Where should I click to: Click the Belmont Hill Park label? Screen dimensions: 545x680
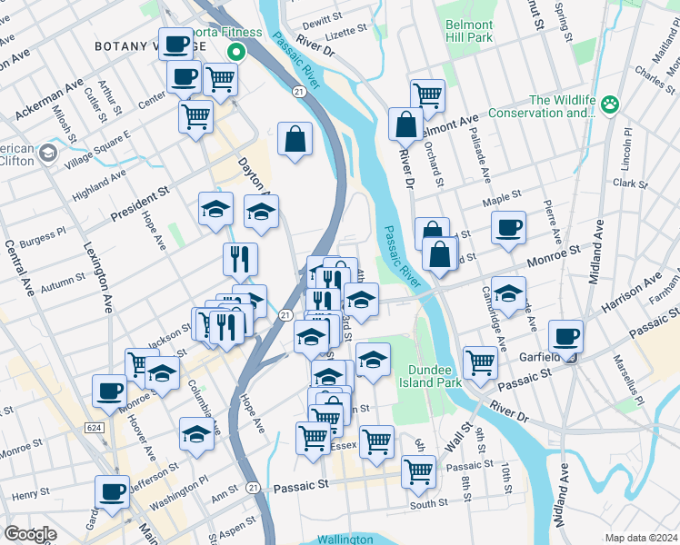469,31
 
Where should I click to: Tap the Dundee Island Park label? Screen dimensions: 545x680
411,376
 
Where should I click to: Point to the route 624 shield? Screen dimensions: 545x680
95,427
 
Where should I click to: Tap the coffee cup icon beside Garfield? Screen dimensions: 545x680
566,335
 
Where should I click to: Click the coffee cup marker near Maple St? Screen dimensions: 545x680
508,227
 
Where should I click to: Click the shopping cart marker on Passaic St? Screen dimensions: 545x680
418,470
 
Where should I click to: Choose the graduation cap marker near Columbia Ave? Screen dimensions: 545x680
195,433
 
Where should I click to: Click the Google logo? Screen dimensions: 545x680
30,534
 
